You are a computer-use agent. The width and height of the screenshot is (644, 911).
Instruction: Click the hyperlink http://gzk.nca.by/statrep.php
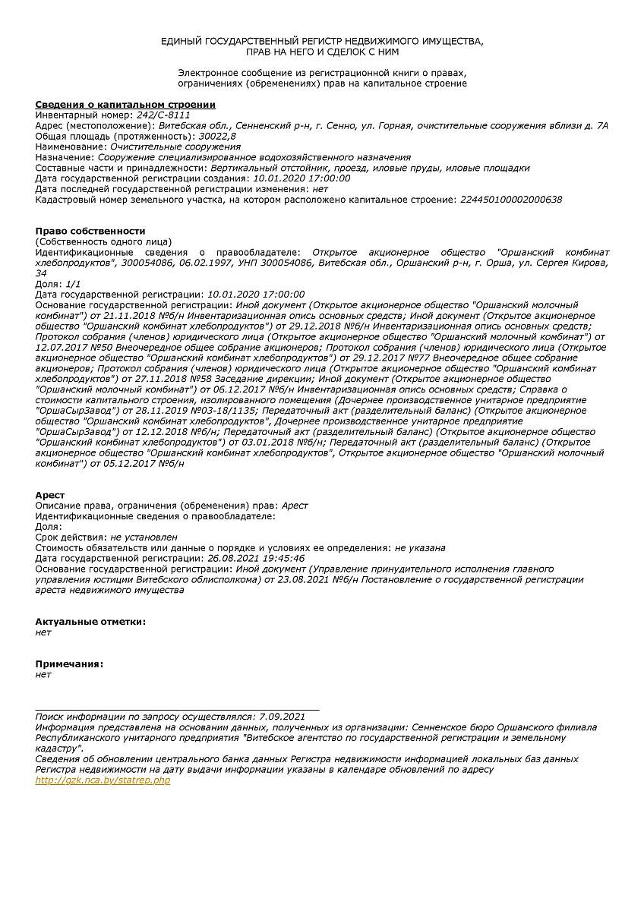tap(103, 780)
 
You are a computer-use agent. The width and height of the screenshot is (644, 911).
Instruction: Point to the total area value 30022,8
tap(217, 136)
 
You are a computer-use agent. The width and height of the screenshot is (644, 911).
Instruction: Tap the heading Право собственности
tap(90, 231)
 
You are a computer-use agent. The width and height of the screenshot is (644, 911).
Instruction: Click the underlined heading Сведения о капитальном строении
tap(125, 104)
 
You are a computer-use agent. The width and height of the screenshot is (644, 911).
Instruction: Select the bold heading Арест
tap(50, 495)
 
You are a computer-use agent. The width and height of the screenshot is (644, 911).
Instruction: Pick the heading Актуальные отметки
tap(90, 621)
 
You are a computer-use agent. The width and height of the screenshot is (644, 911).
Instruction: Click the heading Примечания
tap(69, 664)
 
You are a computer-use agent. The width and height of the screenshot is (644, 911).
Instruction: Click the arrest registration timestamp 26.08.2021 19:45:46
tap(256, 558)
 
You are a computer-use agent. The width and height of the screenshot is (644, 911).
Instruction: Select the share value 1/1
tap(73, 283)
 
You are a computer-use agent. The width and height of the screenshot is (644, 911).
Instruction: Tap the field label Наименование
tap(71, 147)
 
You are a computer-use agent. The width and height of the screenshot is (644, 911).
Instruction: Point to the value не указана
tap(420, 547)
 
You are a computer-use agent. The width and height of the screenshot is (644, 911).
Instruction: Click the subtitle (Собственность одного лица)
tap(103, 241)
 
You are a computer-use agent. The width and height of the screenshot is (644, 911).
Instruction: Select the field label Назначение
tap(65, 157)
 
